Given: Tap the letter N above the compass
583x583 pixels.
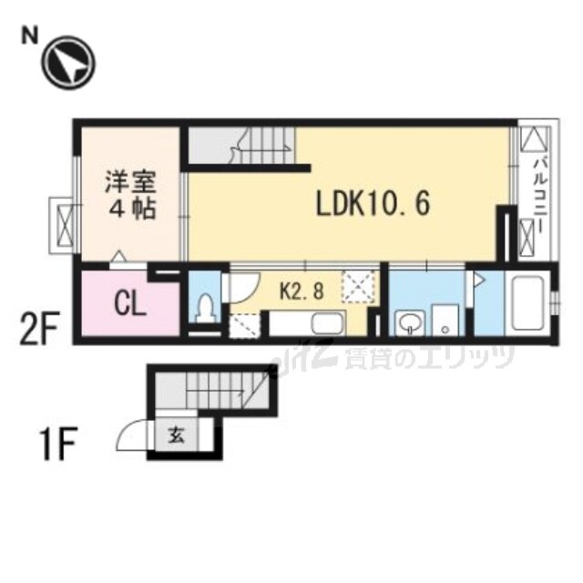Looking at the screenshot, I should (x=30, y=36).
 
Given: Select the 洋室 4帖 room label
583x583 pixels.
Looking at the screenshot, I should (x=127, y=194).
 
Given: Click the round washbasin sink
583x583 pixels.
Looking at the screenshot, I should (x=409, y=321).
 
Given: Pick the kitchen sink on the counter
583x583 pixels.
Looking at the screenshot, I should (x=323, y=323).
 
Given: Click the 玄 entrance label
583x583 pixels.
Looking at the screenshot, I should (x=175, y=436).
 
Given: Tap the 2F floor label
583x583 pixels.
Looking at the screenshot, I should (x=39, y=327).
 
